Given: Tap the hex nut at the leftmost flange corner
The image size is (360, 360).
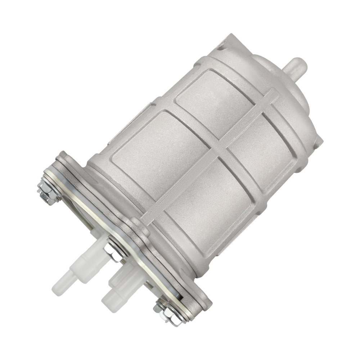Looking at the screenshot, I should [x=47, y=191].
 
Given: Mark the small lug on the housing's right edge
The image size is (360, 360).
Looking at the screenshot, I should [x=318, y=142].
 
